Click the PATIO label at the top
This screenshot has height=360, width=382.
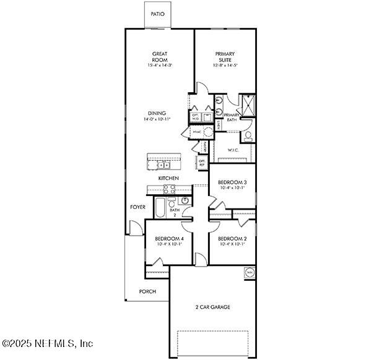point(157,14)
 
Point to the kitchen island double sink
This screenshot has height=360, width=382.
point(163,165)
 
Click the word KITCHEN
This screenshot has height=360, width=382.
point(168,178)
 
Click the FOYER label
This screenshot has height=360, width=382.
point(137,207)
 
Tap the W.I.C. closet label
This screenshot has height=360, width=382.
point(233,150)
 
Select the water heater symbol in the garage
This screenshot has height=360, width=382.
point(250,272)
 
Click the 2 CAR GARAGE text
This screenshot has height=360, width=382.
point(213,306)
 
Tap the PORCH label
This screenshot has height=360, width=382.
point(147,291)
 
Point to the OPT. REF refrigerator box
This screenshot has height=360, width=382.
point(202,163)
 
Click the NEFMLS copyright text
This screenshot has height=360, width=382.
point(47,343)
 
